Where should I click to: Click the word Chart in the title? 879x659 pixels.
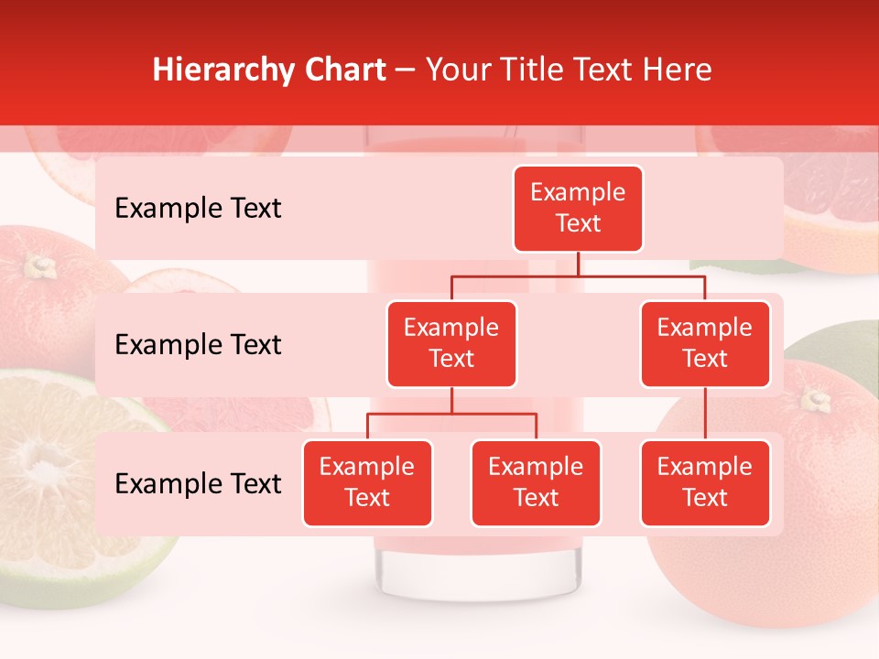(x=343, y=70)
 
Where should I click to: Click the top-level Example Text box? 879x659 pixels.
(x=578, y=209)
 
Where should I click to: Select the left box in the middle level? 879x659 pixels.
(x=451, y=343)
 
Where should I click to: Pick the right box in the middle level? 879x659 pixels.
(x=705, y=343)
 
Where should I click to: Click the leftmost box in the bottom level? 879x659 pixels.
(x=367, y=482)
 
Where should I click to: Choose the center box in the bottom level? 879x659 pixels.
(x=536, y=482)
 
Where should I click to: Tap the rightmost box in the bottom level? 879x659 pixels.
(x=705, y=482)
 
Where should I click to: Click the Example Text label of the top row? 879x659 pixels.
(x=198, y=209)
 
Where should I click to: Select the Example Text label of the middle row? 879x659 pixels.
(x=198, y=345)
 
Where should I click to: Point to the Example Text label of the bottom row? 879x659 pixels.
(x=198, y=483)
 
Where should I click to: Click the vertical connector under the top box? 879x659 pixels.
(x=578, y=264)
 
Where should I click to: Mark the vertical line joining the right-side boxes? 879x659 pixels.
(x=705, y=414)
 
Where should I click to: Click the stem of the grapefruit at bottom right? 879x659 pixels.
(x=814, y=400)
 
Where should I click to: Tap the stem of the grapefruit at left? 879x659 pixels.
(x=38, y=266)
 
